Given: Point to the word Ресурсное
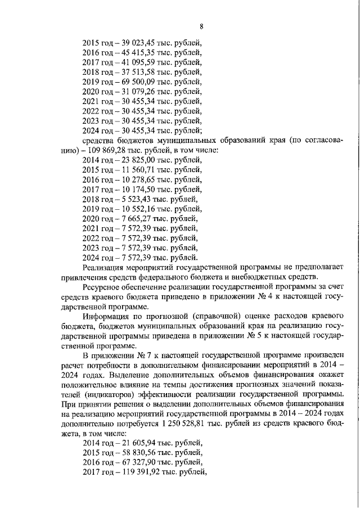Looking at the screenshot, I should coord(103,286).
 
